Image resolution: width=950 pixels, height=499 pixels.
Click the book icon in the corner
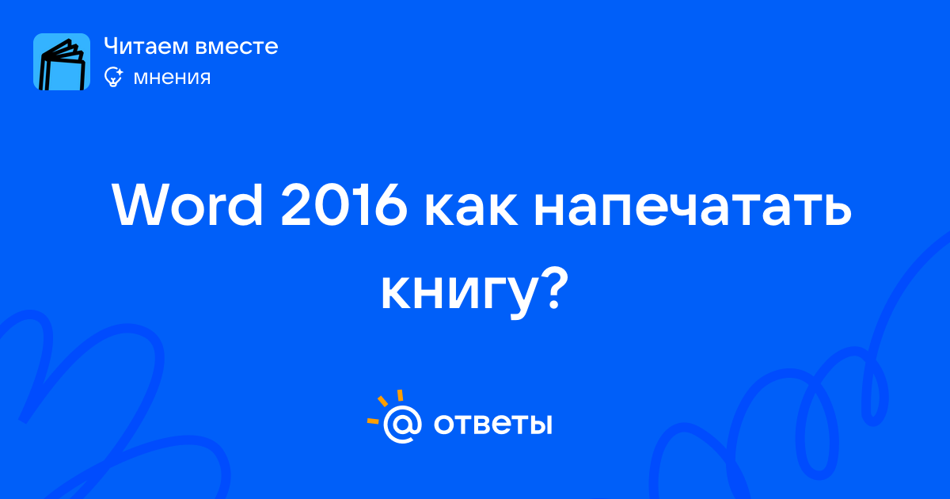(x=62, y=62)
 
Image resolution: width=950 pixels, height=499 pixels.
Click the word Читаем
(x=146, y=46)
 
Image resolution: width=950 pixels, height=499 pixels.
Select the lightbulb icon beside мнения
(x=113, y=77)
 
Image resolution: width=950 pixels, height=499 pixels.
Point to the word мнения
(x=172, y=78)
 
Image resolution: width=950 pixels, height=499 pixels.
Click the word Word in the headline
(x=188, y=205)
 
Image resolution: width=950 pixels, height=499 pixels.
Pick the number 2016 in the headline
(x=344, y=207)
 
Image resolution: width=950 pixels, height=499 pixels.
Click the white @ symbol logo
(x=402, y=425)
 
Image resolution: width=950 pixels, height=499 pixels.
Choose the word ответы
(x=492, y=425)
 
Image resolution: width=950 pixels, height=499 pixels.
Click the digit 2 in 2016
(x=294, y=206)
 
